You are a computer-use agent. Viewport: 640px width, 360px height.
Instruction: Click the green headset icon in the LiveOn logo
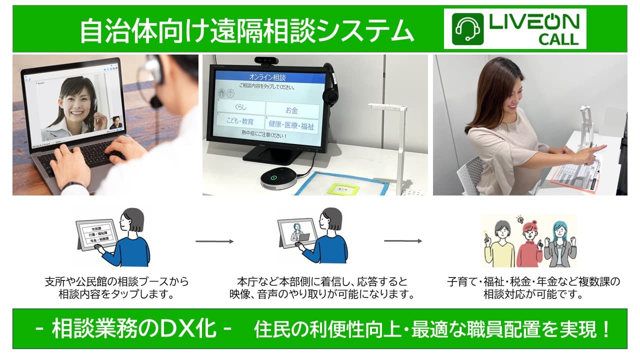(x=467, y=28)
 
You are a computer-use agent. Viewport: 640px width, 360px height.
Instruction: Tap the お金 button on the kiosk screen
(x=291, y=109)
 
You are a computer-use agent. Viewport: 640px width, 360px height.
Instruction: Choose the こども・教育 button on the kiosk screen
(x=240, y=121)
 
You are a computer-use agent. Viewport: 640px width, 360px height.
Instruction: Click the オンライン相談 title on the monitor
(x=267, y=77)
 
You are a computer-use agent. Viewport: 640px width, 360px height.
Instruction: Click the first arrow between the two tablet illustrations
(x=214, y=241)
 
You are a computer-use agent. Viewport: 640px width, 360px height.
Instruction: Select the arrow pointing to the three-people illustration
(x=402, y=241)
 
